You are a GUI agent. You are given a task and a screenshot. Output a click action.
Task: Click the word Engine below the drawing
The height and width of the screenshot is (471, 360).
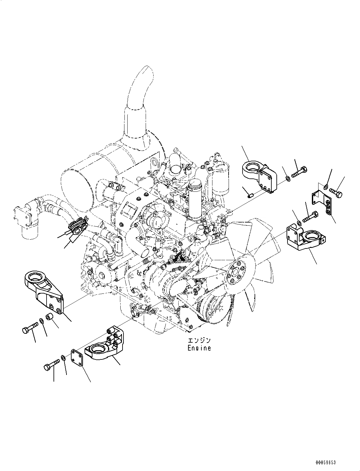(199, 348)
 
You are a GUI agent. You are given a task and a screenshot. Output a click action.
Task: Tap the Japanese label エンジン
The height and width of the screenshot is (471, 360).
(199, 340)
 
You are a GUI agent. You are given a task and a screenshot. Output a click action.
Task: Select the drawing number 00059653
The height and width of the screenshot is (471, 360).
(325, 462)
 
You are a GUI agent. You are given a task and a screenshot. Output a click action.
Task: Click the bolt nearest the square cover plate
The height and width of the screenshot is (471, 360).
(51, 365)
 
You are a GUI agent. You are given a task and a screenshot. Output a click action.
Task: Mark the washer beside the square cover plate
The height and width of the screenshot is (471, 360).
(63, 358)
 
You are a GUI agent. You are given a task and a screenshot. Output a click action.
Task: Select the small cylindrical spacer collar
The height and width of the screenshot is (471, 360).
(49, 317)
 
